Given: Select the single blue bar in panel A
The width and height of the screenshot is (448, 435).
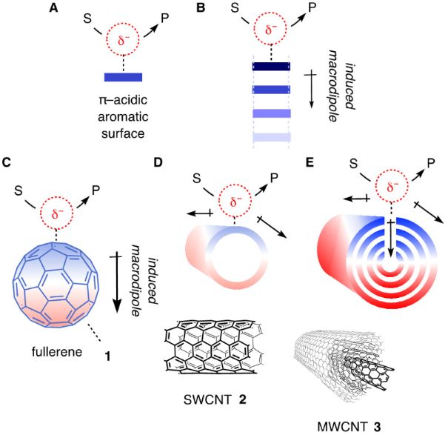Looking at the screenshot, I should point(123,76).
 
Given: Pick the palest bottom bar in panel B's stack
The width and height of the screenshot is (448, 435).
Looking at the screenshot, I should point(271,136).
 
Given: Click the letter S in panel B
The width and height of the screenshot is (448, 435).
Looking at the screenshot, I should point(235,10).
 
